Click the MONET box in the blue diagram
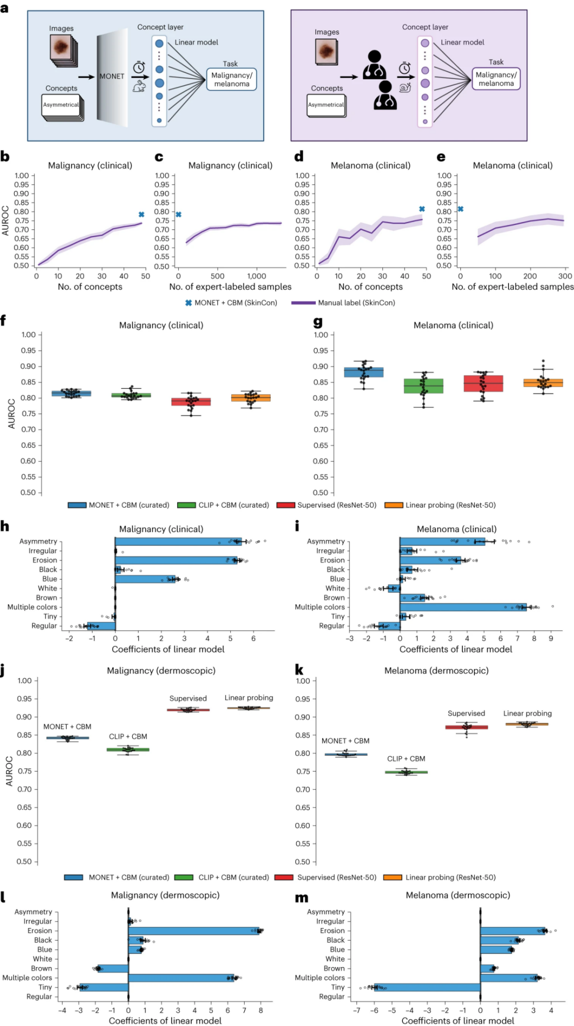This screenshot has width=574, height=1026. pyautogui.click(x=112, y=77)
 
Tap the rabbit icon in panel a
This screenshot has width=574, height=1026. pyautogui.click(x=139, y=85)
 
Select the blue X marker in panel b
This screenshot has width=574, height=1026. pyautogui.click(x=141, y=215)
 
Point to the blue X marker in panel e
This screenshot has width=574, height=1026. pyautogui.click(x=460, y=209)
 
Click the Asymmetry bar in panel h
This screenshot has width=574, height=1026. pyautogui.click(x=178, y=542)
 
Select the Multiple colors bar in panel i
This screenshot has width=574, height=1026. pyautogui.click(x=463, y=607)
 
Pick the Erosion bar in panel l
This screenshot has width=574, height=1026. pyautogui.click(x=194, y=931)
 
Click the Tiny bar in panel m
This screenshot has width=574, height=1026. pyautogui.click(x=427, y=987)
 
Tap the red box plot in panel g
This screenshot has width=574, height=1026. pyautogui.click(x=483, y=384)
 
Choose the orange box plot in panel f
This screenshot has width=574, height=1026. pyautogui.click(x=251, y=398)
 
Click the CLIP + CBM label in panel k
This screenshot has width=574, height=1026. pyautogui.click(x=406, y=759)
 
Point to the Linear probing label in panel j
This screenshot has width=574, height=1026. pyautogui.click(x=249, y=698)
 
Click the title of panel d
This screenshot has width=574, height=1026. pyautogui.click(x=370, y=166)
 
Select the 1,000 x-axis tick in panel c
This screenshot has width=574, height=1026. pyautogui.click(x=257, y=276)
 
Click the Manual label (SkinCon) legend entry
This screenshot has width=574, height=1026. pyautogui.click(x=356, y=302)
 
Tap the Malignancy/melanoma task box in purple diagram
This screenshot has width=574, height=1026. pyautogui.click(x=496, y=79)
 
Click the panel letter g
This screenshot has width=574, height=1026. pyautogui.click(x=318, y=322)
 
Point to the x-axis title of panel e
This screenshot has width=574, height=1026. pyautogui.click(x=512, y=287)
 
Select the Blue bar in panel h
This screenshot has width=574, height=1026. pyautogui.click(x=145, y=579)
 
